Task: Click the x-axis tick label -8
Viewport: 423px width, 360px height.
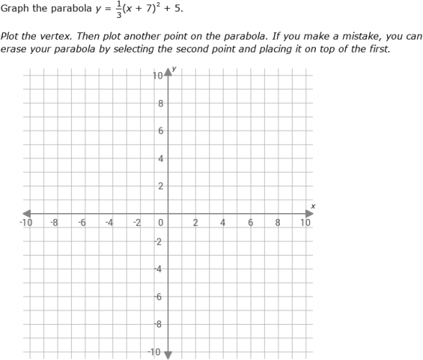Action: pyautogui.click(x=54, y=222)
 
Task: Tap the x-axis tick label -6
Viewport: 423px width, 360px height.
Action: pyautogui.click(x=82, y=222)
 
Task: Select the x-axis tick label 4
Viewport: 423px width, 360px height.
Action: pyautogui.click(x=223, y=222)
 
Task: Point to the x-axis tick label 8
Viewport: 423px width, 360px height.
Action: pyautogui.click(x=278, y=222)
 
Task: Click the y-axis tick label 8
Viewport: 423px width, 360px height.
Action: pyautogui.click(x=161, y=104)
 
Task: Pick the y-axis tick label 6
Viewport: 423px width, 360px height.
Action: pyautogui.click(x=161, y=131)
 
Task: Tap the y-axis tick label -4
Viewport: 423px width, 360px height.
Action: pyautogui.click(x=160, y=269)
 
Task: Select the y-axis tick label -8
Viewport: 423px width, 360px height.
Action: pyautogui.click(x=160, y=325)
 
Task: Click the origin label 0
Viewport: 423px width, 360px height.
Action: pyautogui.click(x=162, y=222)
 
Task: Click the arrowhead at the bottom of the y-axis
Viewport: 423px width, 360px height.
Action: pyautogui.click(x=169, y=354)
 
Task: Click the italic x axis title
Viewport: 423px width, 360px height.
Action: pyautogui.click(x=313, y=207)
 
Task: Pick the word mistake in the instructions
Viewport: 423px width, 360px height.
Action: pyautogui.click(x=358, y=36)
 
